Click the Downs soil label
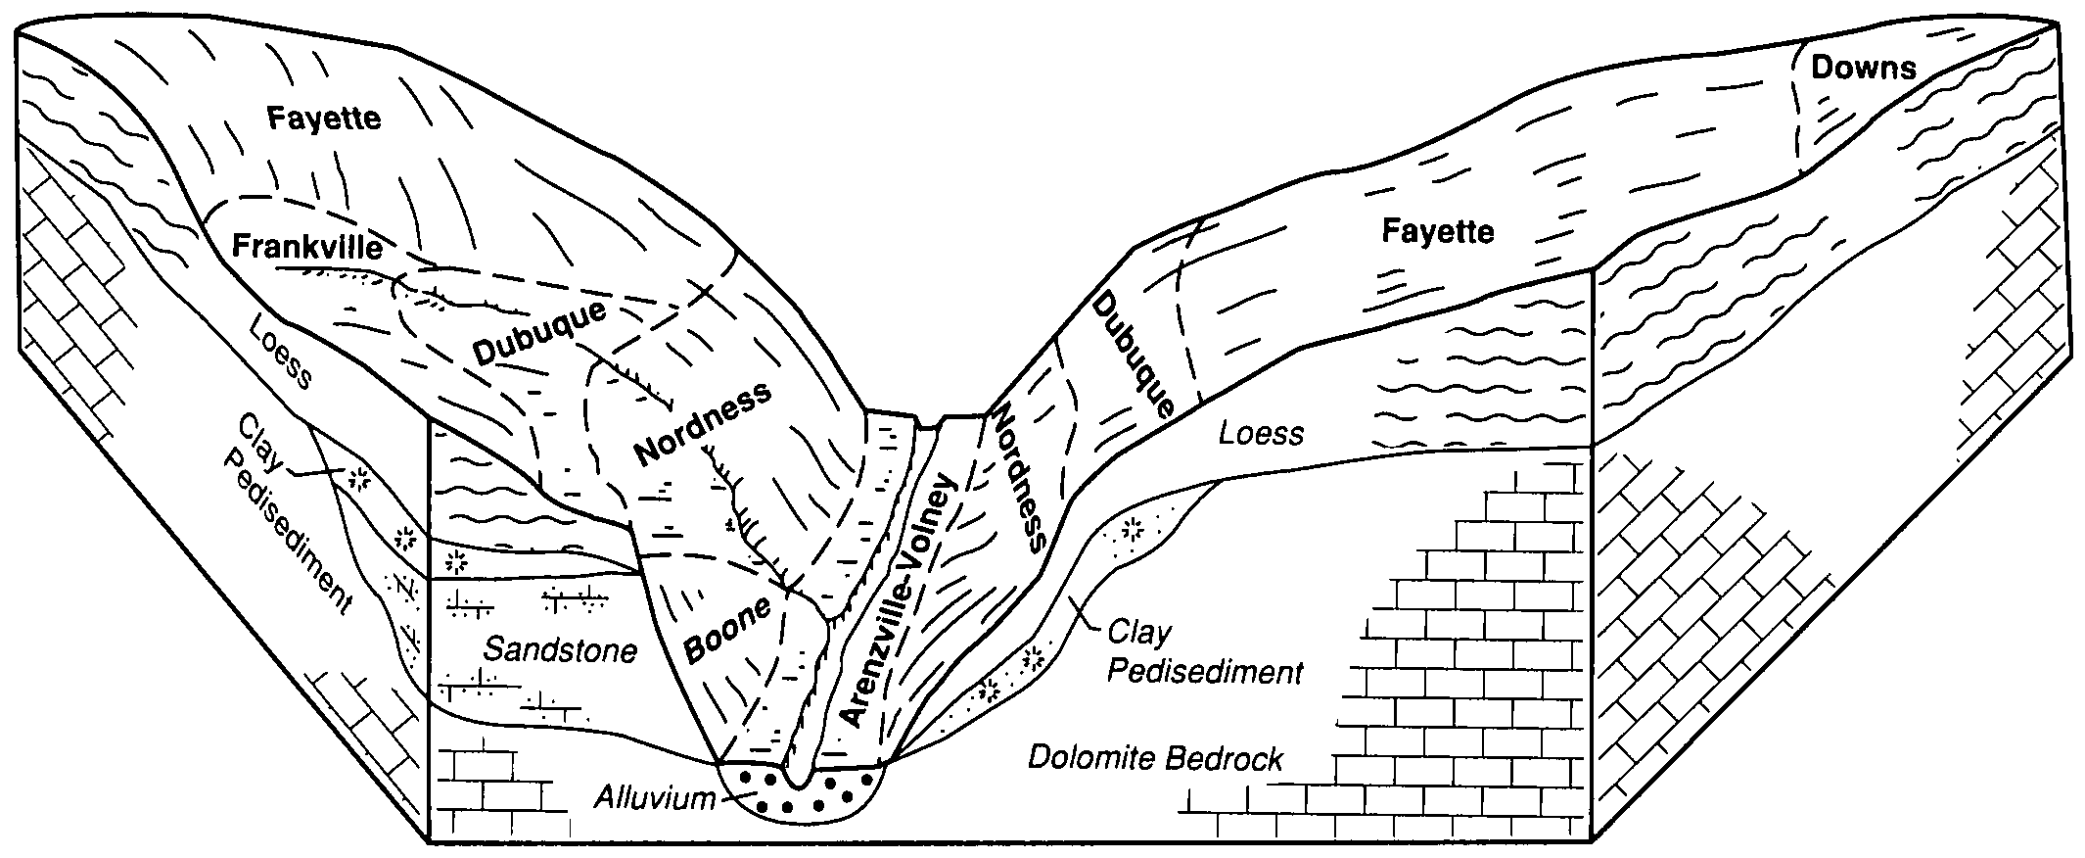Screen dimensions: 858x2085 (x=1863, y=68)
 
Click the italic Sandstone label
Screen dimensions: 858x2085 (x=560, y=649)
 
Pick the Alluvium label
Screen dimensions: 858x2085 (x=655, y=798)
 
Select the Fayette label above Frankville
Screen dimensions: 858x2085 (x=323, y=119)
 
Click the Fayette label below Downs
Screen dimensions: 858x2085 (x=1437, y=232)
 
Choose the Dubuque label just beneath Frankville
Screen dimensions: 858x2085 (x=540, y=333)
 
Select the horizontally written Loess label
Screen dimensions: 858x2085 (x=1261, y=433)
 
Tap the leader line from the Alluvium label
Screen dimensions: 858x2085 (x=731, y=797)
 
